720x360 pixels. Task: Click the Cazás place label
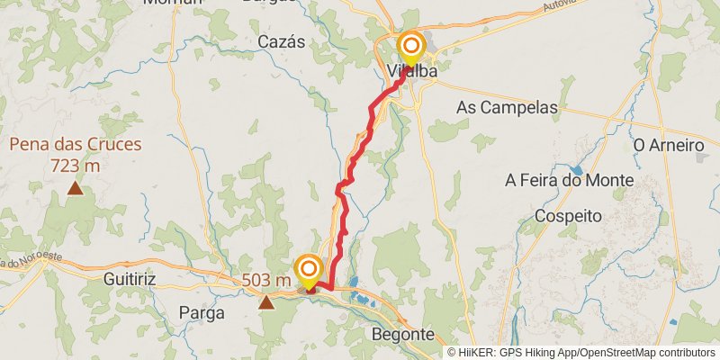[x=282, y=41]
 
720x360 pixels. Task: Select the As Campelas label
[x=507, y=107]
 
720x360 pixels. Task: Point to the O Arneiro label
[x=668, y=144]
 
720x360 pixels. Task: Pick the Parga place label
[x=201, y=312]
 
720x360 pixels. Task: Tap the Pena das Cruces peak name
[x=76, y=144]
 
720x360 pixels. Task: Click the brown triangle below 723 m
[x=76, y=188]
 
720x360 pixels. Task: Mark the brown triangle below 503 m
[x=266, y=302]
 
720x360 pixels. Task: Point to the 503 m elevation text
[x=266, y=281]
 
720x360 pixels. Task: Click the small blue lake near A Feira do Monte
[x=576, y=168]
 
